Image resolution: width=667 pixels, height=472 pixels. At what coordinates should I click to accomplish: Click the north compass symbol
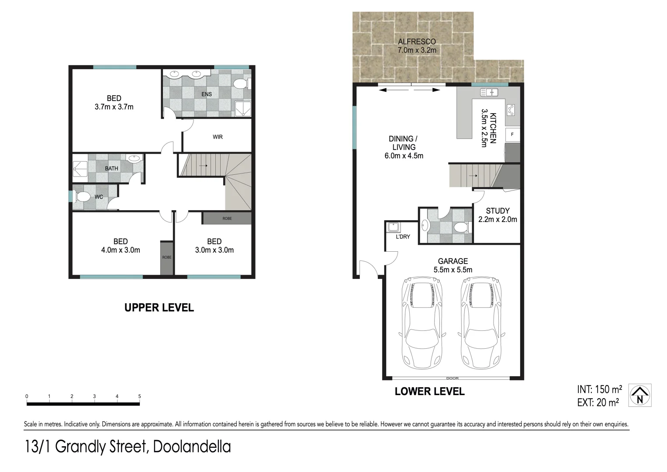tap(640, 395)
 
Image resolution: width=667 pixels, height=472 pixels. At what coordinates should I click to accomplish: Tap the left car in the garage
tap(422, 323)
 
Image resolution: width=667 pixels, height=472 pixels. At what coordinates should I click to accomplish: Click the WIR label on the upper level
tap(218, 137)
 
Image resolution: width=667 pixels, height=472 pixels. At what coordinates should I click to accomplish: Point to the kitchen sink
tap(489, 92)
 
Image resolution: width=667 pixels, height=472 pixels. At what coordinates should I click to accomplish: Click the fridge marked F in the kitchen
tap(512, 135)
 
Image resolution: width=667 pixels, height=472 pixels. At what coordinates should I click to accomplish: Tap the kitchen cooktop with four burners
tap(511, 110)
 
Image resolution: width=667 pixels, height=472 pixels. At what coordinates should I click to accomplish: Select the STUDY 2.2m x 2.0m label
tap(498, 215)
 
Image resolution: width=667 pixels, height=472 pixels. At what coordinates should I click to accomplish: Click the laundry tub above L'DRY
tap(393, 227)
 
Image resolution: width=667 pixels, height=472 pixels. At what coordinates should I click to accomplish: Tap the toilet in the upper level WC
tap(82, 197)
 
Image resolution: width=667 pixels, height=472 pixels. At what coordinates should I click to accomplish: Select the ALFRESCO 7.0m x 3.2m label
tap(417, 46)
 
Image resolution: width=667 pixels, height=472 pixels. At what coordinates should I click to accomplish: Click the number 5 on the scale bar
tap(140, 396)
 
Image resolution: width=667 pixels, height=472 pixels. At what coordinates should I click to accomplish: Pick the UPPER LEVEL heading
tap(159, 308)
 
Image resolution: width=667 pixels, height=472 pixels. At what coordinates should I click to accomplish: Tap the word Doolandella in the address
tap(192, 447)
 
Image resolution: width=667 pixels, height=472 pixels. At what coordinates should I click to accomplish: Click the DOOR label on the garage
tap(452, 378)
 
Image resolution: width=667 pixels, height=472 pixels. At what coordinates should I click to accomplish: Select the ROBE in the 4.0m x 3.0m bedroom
tap(167, 257)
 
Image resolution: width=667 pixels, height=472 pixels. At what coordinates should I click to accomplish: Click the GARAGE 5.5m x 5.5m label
tap(453, 265)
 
